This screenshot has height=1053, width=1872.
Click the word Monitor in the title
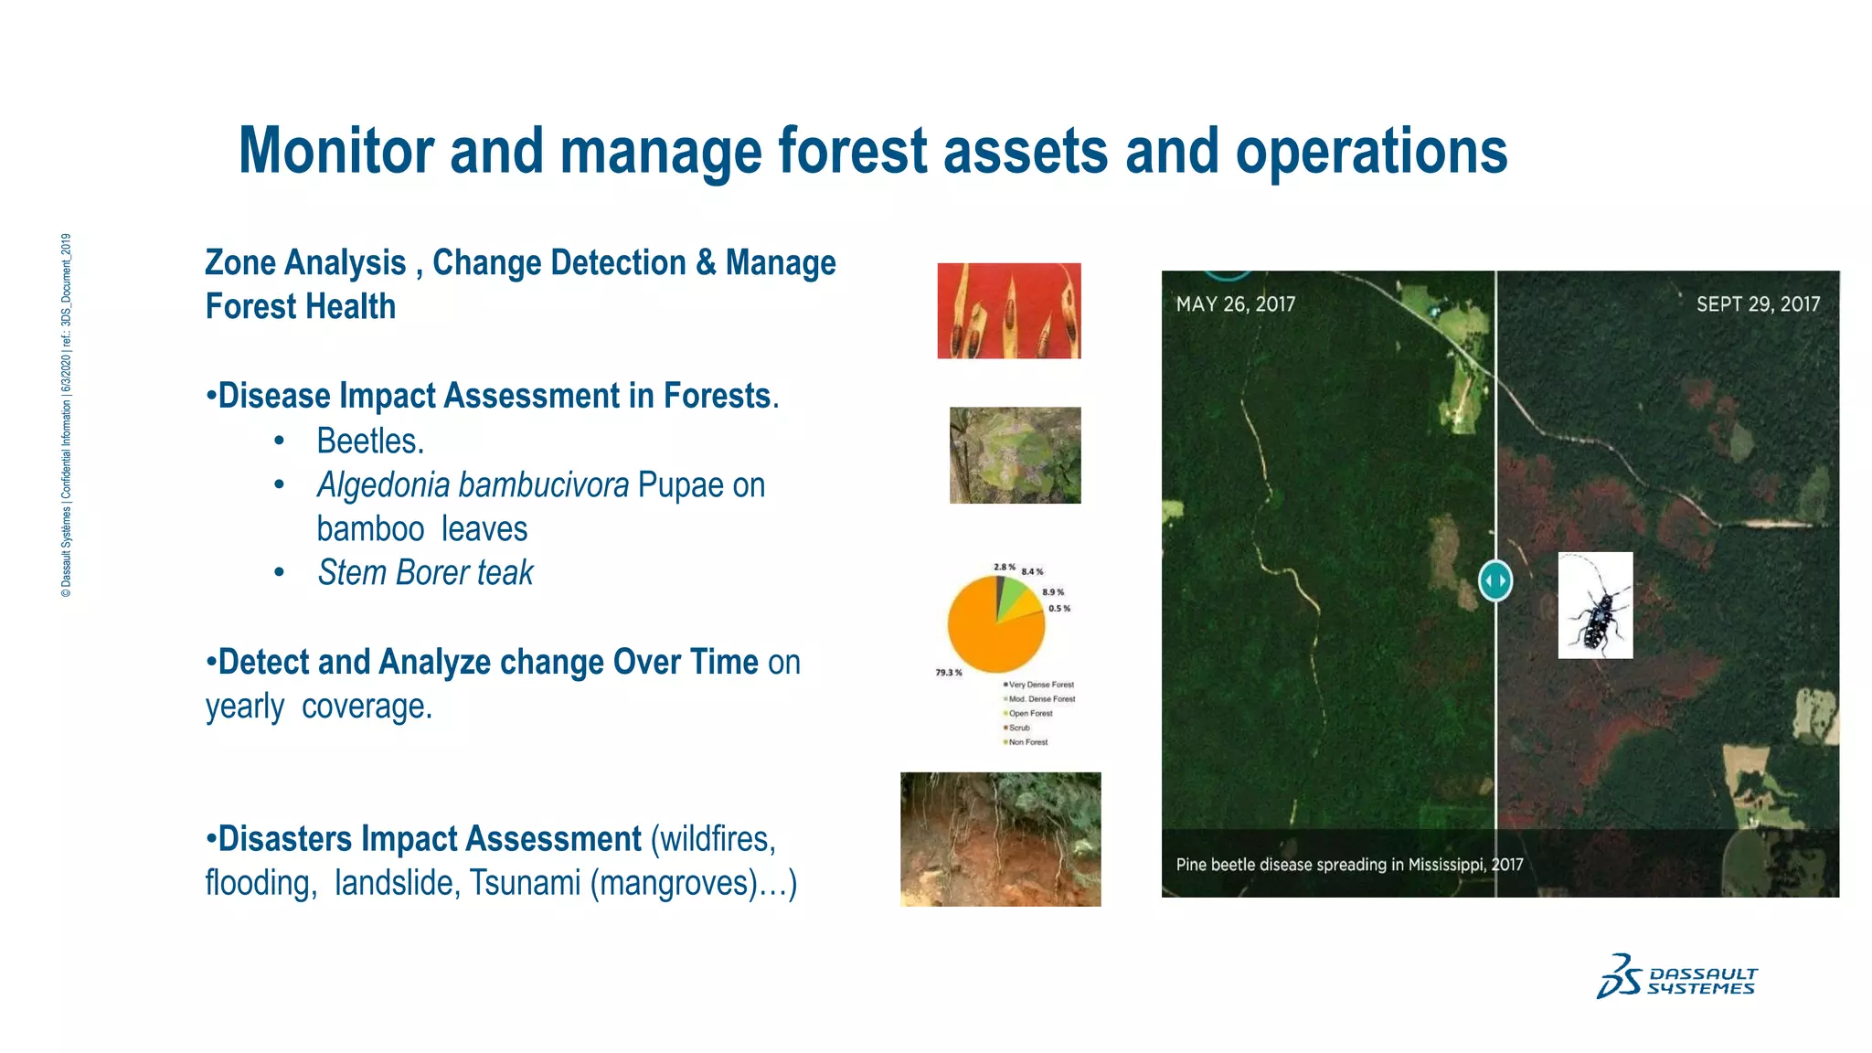335,152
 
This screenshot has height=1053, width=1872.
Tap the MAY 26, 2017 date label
1235,304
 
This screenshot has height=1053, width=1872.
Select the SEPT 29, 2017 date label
1758,304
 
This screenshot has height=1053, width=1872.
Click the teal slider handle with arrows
1495,580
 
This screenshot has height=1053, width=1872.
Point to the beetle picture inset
1595,605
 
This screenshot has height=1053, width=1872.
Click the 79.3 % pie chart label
948,673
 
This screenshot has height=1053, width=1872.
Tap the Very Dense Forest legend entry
1040,685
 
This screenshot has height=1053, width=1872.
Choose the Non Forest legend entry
1027,742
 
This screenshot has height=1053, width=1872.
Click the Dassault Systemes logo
1676,977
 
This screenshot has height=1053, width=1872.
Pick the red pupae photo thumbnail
1008,311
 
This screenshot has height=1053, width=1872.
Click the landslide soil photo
1000,839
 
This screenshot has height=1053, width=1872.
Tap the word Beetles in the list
370,441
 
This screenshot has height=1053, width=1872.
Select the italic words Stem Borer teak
425,573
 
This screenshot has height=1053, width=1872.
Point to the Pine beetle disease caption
1349,865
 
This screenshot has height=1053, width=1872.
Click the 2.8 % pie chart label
1004,568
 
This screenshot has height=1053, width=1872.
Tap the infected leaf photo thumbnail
1015,455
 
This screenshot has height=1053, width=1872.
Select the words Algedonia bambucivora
473,485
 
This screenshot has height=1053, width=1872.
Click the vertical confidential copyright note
66,416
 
